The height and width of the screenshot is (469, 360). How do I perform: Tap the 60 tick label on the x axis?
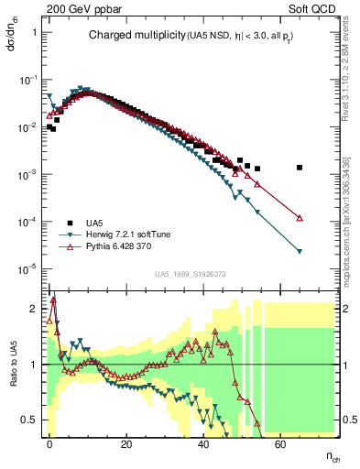(280, 442)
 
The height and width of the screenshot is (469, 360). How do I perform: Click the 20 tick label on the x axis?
(126, 442)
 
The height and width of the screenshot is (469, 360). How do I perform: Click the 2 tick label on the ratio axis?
(35, 308)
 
